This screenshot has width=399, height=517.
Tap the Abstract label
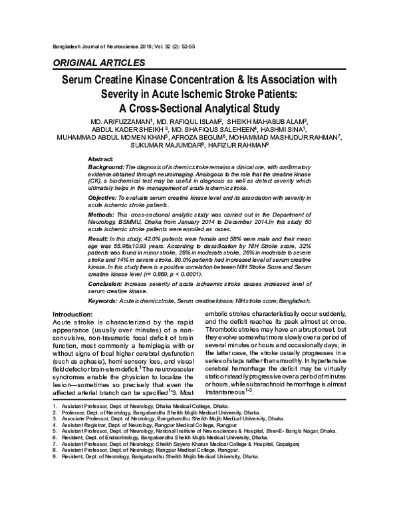(x=102, y=159)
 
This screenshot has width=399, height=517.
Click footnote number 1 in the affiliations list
(x=54, y=441)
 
